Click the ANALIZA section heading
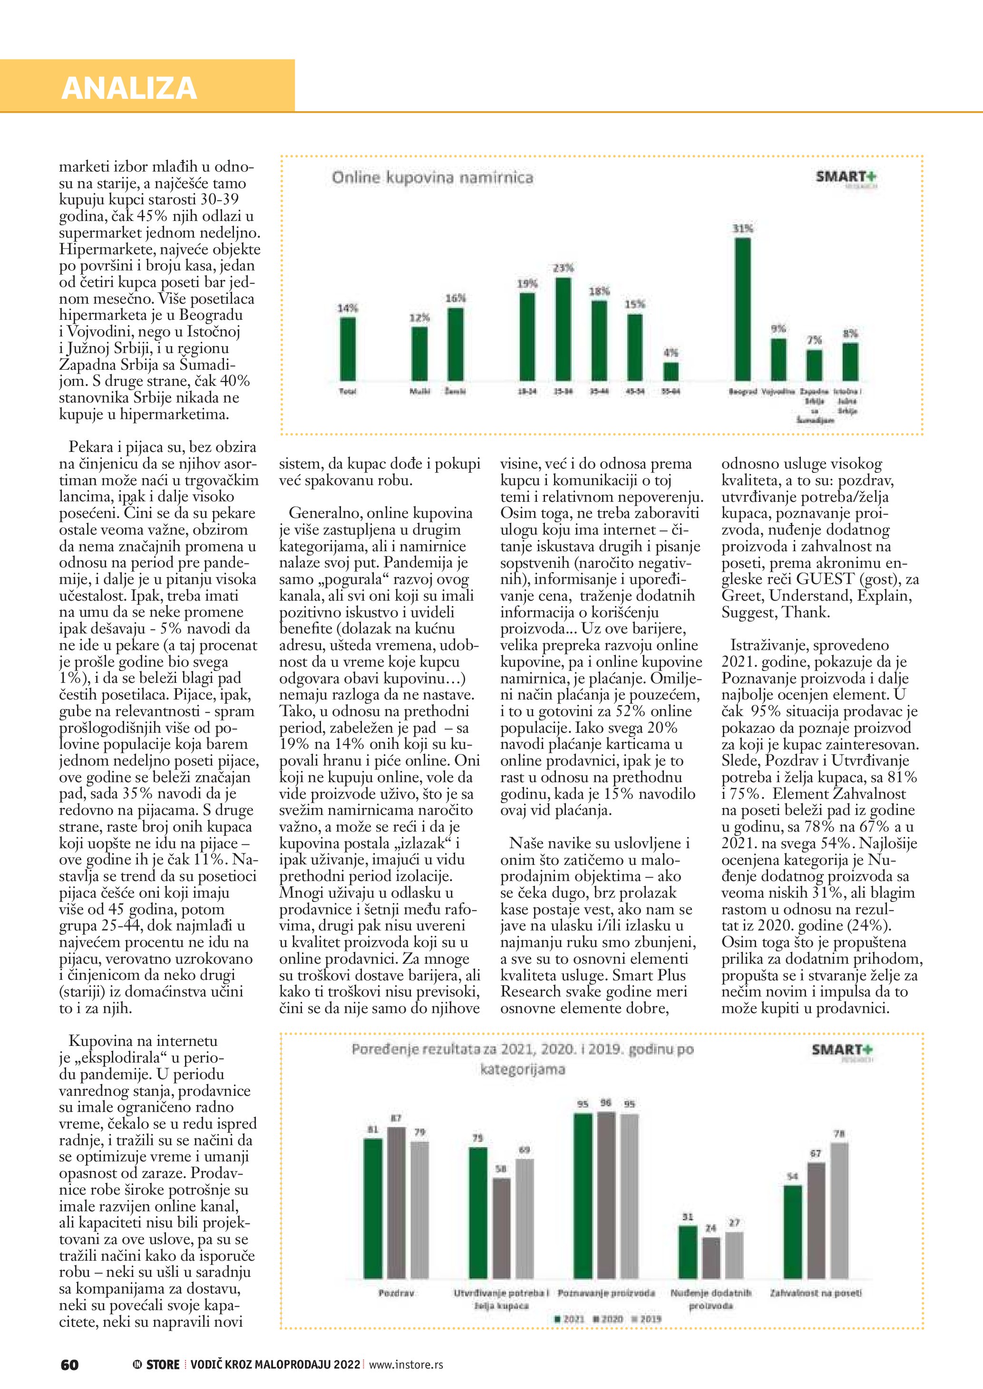[x=129, y=88]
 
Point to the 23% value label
[x=563, y=268]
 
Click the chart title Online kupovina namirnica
[x=432, y=178]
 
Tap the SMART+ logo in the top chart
[x=846, y=177]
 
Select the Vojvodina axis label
[x=778, y=392]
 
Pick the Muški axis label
[x=419, y=392]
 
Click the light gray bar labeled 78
[x=839, y=1210]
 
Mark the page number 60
[x=69, y=1365]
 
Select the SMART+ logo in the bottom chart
[x=842, y=1050]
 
